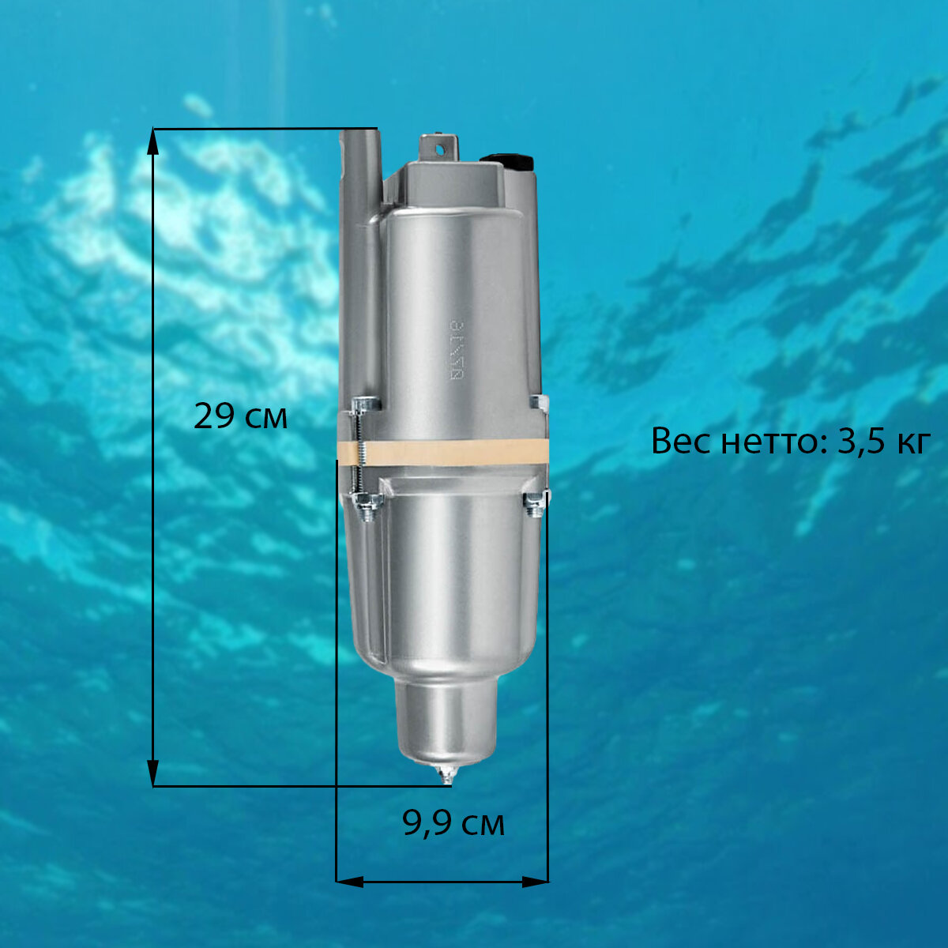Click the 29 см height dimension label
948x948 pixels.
(240, 416)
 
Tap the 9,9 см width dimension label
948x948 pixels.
(453, 823)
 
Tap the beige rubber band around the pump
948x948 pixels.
(442, 452)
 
